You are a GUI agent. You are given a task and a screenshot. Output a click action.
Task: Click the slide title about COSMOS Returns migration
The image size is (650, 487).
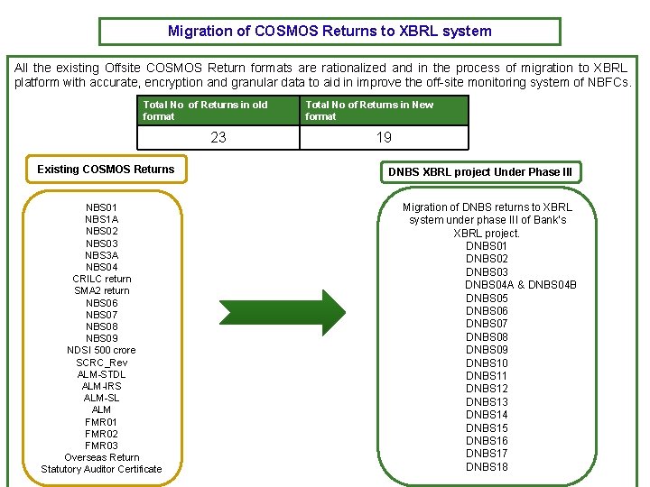pos(330,32)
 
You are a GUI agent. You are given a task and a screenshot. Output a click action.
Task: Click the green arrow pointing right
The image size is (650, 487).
pos(283,312)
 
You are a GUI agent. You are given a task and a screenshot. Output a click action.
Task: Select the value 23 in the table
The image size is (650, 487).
pos(218,137)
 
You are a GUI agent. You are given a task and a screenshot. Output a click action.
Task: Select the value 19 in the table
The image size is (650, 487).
pos(384,137)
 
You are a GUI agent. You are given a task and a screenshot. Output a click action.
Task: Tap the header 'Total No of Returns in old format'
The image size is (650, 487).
pos(218,110)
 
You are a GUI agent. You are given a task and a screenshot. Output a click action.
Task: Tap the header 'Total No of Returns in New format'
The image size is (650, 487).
pos(384,110)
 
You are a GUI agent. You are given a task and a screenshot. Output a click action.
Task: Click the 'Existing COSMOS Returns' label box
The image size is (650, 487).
pos(106,170)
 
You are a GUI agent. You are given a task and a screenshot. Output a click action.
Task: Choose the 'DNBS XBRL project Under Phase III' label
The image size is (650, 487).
pos(479,172)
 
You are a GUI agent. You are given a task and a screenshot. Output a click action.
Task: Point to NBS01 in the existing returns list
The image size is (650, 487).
pos(101,207)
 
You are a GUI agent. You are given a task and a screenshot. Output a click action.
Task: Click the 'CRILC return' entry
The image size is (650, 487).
pos(101,279)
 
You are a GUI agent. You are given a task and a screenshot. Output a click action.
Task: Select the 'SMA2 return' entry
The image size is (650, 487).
pos(101,290)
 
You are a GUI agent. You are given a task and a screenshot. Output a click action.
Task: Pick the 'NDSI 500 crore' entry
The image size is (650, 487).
pos(101,350)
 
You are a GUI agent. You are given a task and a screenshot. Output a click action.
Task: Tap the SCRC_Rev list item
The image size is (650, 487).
pos(101,363)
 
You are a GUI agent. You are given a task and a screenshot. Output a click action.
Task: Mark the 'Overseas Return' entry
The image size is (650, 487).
pos(101,457)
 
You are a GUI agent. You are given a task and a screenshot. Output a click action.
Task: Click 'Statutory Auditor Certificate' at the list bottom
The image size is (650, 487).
pos(101,469)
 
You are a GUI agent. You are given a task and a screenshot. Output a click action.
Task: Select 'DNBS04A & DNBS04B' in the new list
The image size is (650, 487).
pos(520,285)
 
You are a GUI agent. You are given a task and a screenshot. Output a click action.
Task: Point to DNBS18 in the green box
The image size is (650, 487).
pos(487,466)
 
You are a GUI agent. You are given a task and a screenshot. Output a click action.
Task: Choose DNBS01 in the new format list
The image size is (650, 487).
pos(487,246)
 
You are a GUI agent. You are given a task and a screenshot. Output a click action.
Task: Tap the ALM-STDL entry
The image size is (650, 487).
pos(101,374)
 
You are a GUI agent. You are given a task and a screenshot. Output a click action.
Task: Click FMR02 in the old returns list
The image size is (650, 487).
pos(101,434)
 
